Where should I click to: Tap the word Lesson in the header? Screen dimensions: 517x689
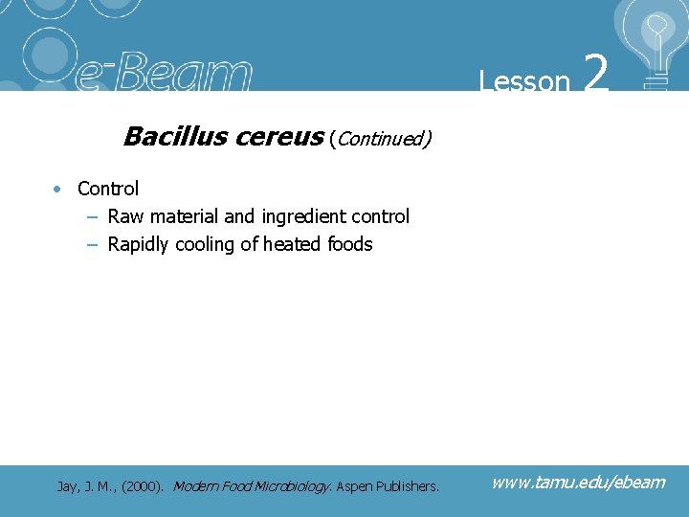(524, 81)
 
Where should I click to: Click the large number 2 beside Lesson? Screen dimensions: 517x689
(595, 74)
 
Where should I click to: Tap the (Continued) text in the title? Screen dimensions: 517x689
(380, 139)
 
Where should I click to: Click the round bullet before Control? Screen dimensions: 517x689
(59, 189)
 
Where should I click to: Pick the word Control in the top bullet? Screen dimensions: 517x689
(108, 189)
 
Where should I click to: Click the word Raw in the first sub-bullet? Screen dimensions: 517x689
(125, 216)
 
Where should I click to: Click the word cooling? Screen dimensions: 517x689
(205, 244)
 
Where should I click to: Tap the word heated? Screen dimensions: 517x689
(293, 244)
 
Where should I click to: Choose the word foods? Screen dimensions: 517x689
(350, 244)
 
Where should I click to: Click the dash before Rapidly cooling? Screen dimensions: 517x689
(92, 244)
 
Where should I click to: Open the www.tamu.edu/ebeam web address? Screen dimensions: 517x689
(578, 482)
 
